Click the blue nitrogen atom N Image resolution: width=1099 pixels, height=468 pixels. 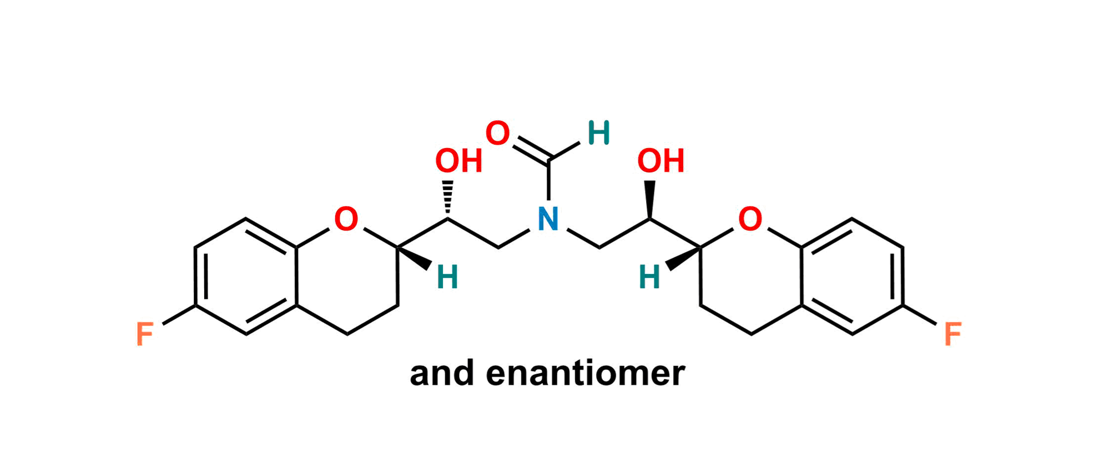coord(548,219)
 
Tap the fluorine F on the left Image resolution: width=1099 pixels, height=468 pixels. coord(145,334)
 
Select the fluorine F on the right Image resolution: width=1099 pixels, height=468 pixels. coord(953,334)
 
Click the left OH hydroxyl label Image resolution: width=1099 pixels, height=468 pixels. coord(458,161)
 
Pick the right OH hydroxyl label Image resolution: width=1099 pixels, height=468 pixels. coord(661,161)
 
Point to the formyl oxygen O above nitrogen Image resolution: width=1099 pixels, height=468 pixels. coord(497,134)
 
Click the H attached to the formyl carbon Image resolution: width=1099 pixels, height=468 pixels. coord(598,133)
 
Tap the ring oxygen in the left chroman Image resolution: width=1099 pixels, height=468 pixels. coord(346,219)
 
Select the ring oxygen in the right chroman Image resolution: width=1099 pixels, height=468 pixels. coord(750,219)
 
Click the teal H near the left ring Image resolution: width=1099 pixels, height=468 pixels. coord(447,277)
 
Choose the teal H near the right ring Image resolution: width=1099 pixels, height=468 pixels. coord(649,277)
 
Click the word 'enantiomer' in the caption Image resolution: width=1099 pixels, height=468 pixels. coord(586,374)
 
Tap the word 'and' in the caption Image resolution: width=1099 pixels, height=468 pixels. coord(442,374)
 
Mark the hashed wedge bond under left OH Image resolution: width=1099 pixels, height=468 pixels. coord(447,199)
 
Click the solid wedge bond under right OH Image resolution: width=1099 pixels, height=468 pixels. coord(650,199)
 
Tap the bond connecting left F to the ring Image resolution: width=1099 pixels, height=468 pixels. coord(179,314)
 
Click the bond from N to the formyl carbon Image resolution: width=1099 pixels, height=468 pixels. coord(548,181)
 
